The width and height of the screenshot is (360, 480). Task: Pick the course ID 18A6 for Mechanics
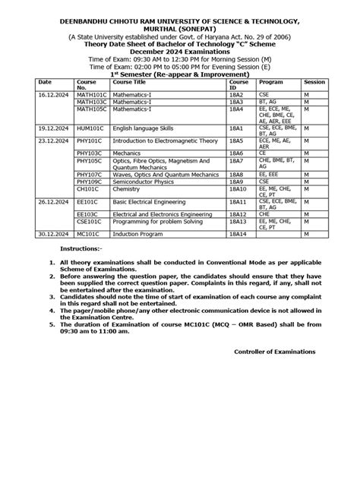pos(238,152)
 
